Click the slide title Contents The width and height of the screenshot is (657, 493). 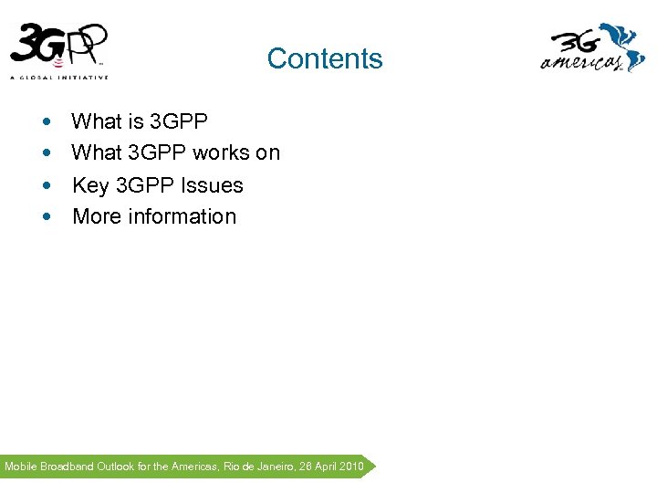pyautogui.click(x=325, y=58)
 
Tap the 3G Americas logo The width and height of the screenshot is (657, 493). pyautogui.click(x=592, y=49)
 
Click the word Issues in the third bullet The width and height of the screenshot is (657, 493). pyautogui.click(x=212, y=185)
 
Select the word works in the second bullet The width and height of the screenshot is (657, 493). pyautogui.click(x=221, y=152)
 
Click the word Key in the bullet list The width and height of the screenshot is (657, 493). pyautogui.click(x=90, y=185)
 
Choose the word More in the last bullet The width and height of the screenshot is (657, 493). pyautogui.click(x=95, y=216)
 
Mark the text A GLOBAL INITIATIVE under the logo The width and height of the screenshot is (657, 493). pyautogui.click(x=59, y=77)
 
